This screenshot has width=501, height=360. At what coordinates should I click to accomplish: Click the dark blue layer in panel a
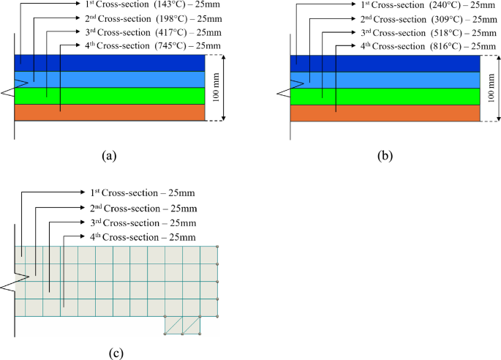(x=110, y=63)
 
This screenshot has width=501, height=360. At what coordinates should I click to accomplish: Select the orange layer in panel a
(x=110, y=112)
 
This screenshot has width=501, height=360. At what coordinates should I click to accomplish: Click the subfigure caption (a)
(x=109, y=154)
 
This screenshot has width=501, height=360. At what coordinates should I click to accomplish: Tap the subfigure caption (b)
(x=385, y=154)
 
